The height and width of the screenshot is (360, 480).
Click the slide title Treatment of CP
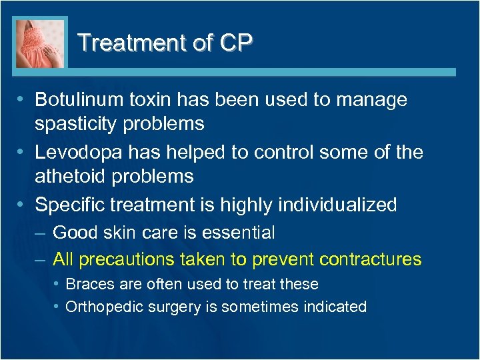165,43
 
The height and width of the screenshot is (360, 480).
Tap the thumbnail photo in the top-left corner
41,43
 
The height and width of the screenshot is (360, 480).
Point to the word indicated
337,307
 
